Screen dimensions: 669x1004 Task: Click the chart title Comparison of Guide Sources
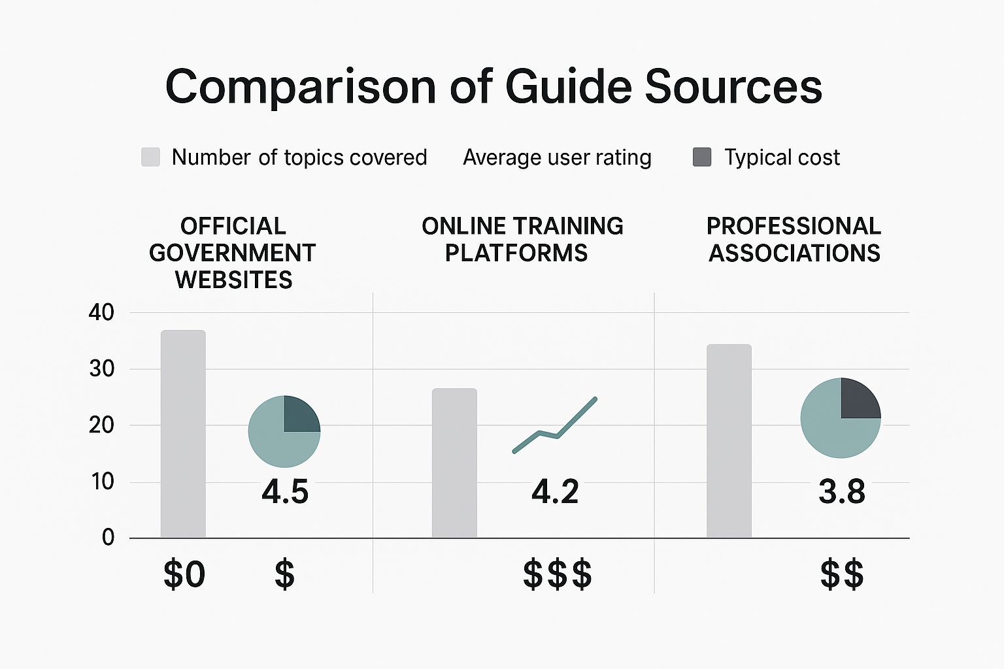(494, 86)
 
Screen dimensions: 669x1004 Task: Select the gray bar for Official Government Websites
(183, 434)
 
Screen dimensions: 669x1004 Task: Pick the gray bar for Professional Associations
(729, 441)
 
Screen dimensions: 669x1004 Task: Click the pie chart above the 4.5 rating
(284, 431)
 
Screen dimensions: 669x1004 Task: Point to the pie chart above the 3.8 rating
(841, 418)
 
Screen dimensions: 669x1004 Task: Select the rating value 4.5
(285, 492)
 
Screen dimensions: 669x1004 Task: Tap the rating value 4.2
(555, 492)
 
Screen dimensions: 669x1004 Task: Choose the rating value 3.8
(842, 492)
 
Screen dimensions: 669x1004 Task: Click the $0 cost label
(184, 575)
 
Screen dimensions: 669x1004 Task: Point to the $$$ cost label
(558, 575)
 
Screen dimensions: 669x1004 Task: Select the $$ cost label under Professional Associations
(842, 575)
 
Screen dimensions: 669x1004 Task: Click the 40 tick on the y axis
(101, 312)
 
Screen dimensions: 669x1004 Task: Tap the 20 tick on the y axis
(101, 425)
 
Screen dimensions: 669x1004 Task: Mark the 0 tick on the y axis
(108, 538)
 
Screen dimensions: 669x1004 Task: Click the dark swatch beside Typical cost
(702, 157)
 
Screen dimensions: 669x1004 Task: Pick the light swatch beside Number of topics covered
(150, 157)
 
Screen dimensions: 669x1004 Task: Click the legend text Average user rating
(557, 157)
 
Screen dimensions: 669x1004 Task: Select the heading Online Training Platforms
(522, 239)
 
